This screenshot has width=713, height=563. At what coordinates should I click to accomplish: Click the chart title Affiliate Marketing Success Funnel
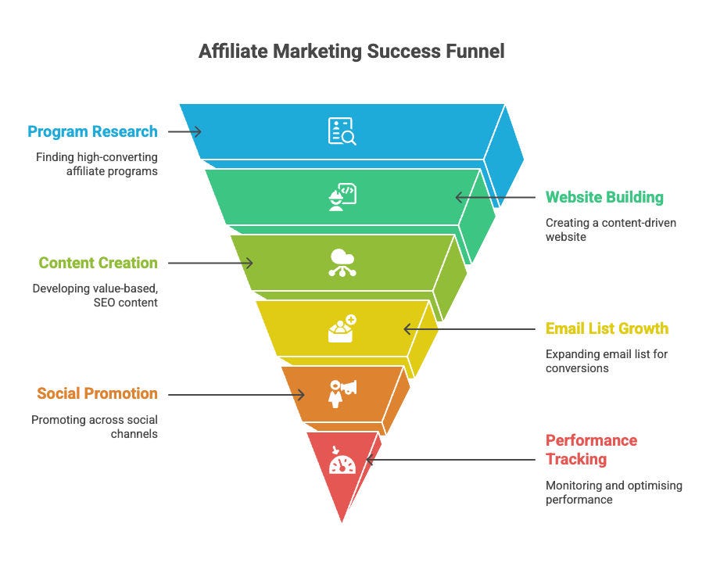coord(351,52)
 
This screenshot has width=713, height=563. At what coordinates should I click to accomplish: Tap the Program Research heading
coord(92,131)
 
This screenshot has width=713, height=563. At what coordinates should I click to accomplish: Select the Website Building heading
coord(604,197)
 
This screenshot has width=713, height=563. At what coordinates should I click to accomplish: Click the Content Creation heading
coord(98,263)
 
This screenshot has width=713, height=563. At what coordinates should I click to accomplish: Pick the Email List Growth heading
coord(607,328)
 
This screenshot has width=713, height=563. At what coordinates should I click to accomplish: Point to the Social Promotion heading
coord(96,393)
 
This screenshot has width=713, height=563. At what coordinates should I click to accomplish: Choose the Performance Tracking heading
coord(591,449)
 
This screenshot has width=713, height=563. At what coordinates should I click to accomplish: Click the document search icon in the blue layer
coord(342,131)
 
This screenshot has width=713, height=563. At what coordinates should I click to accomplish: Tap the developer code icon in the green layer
coord(342,197)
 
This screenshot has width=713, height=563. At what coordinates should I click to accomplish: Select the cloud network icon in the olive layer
coord(342,263)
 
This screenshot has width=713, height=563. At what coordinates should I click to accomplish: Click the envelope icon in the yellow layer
coord(342,329)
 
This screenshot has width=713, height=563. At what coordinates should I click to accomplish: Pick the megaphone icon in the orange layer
coord(342,393)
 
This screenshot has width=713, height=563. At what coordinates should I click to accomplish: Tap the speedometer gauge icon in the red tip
coord(342,463)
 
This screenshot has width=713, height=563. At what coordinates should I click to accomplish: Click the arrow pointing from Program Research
coord(185,131)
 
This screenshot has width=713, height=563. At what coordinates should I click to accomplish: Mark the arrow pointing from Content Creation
coord(210,263)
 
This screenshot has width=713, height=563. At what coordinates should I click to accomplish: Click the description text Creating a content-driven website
coord(611,229)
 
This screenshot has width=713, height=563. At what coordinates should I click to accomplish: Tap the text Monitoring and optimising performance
coord(614,492)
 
